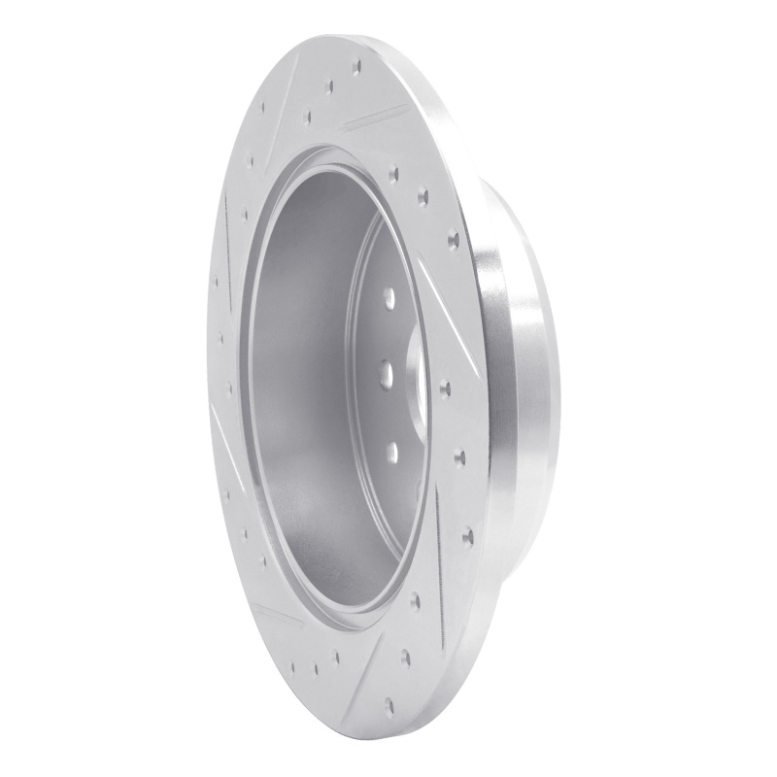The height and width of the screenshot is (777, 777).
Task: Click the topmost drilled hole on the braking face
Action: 357,66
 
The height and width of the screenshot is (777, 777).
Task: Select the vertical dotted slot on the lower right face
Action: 442,534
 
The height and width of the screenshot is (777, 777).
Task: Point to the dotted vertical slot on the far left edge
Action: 226,233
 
